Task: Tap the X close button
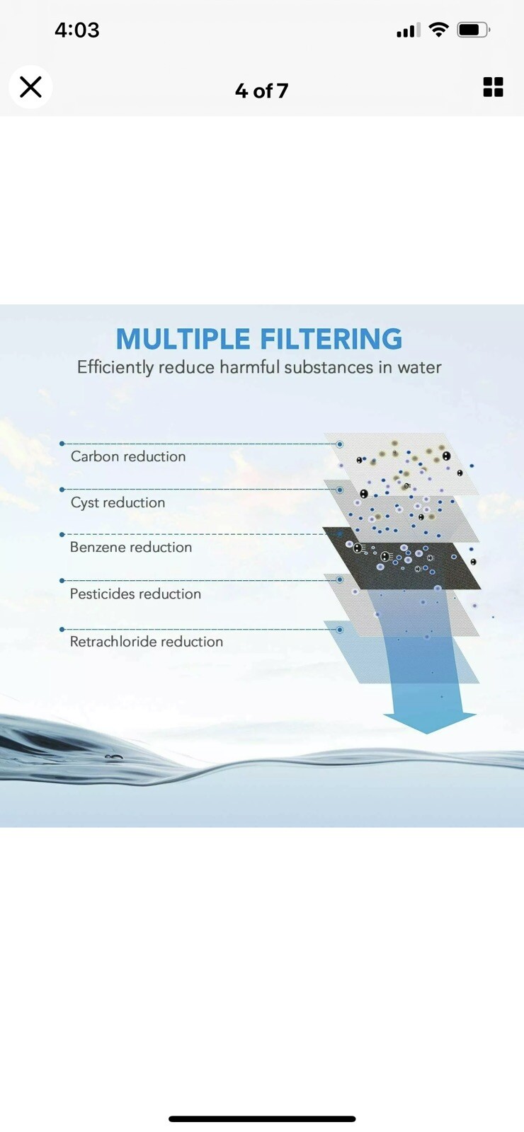(x=30, y=87)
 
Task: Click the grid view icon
(x=493, y=87)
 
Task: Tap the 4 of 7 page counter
(x=261, y=91)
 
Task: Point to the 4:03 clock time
(x=76, y=30)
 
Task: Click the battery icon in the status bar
(x=473, y=30)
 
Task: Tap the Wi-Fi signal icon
(x=439, y=30)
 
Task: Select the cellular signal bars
(x=408, y=30)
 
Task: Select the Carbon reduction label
(x=128, y=456)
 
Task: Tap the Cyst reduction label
(x=118, y=502)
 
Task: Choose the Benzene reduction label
(x=131, y=547)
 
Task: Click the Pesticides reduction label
(x=135, y=594)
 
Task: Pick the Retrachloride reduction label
(x=147, y=642)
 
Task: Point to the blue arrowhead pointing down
(x=430, y=722)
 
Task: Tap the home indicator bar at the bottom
(x=262, y=1119)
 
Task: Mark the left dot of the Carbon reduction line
(x=62, y=444)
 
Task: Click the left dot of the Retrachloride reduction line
(x=62, y=629)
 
